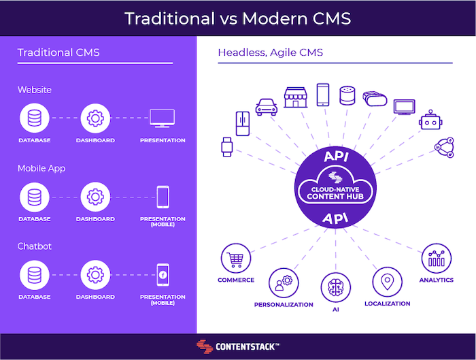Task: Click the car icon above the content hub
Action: (267, 107)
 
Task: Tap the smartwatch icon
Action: (226, 147)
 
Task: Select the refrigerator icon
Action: (243, 124)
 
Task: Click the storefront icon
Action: (295, 97)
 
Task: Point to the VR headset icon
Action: (375, 99)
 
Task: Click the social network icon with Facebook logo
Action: (445, 148)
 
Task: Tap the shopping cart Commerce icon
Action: (236, 259)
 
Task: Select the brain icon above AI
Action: (336, 287)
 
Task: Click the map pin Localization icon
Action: (388, 282)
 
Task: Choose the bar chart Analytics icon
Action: (437, 259)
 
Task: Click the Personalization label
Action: (284, 305)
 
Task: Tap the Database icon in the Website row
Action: (35, 118)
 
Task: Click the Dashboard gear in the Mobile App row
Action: (95, 197)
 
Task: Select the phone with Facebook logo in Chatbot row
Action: (163, 275)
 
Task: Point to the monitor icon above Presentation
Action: (162, 118)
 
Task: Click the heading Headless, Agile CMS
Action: (271, 52)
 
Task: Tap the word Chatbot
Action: (35, 246)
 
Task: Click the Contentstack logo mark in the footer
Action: (205, 346)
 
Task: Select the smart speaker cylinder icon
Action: (347, 96)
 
